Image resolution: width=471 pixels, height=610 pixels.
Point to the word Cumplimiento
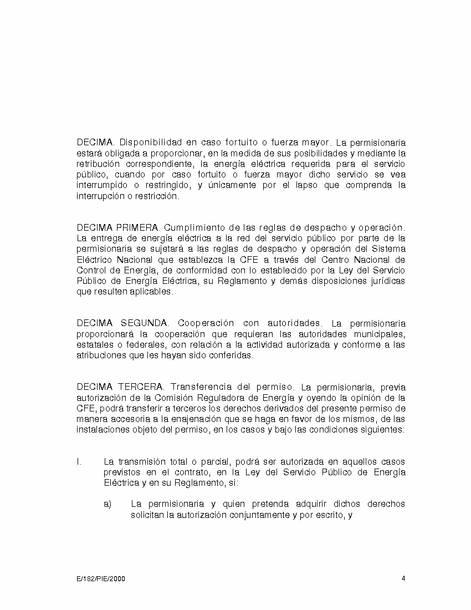tap(195, 228)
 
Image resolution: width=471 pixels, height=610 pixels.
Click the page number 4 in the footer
tap(403, 578)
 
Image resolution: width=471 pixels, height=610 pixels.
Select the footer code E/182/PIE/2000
tap(101, 579)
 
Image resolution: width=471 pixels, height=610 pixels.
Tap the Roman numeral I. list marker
tap(79, 462)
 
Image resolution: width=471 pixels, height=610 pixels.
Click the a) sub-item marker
tap(107, 504)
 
